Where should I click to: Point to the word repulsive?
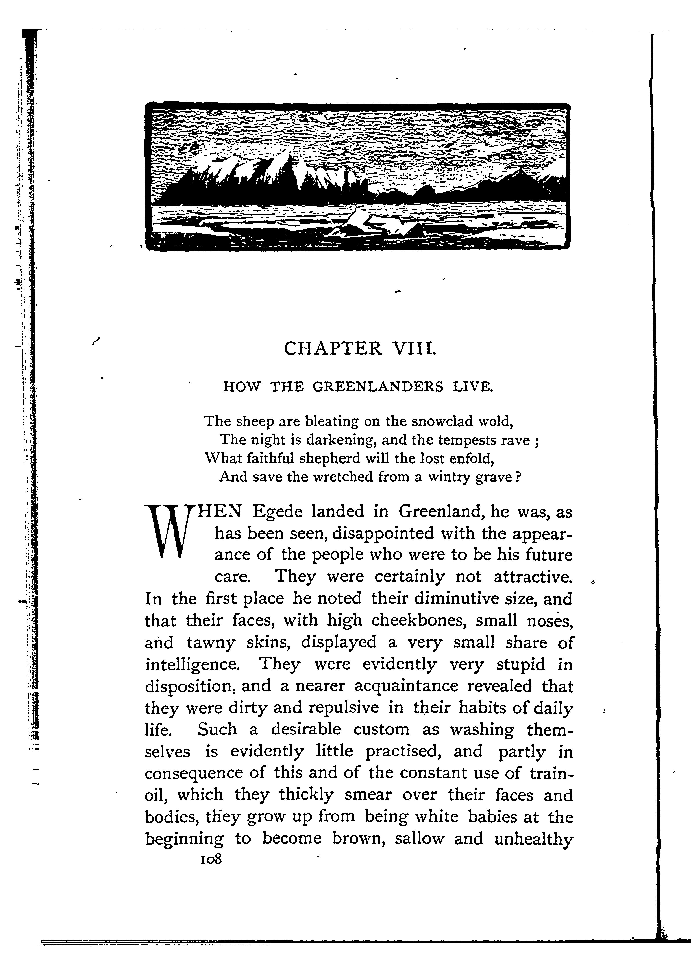click(x=343, y=708)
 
